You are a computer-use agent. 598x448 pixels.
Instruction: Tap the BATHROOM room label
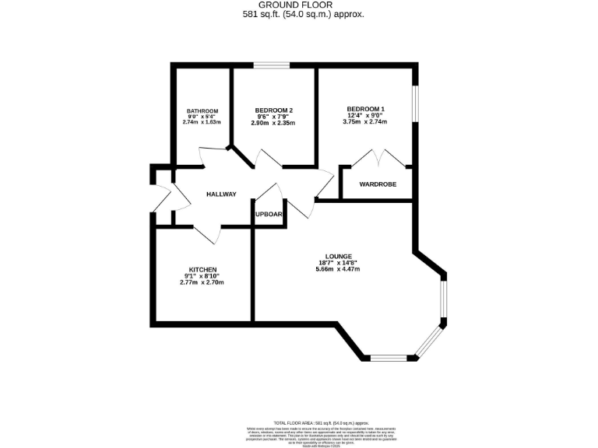[x=202, y=110]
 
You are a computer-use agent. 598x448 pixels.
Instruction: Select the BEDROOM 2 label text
[x=273, y=110]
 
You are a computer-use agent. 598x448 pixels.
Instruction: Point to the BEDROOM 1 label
[x=365, y=108]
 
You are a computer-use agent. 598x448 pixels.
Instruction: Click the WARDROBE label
[x=378, y=184]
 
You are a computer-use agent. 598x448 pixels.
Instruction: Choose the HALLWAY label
[x=221, y=194]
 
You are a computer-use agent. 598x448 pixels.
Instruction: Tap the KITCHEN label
[x=202, y=269]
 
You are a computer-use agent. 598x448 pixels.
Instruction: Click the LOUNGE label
[x=339, y=256]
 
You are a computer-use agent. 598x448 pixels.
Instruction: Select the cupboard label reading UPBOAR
[x=269, y=214]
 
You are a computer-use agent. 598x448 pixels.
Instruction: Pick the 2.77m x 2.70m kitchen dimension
[x=202, y=282]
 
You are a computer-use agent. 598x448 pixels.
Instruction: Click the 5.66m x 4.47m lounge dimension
[x=338, y=269]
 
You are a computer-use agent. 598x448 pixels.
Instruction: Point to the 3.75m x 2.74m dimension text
[x=365, y=122]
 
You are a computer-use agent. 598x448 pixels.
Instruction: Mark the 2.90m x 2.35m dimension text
[x=273, y=123]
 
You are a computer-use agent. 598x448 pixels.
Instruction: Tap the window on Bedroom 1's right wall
[x=417, y=103]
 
